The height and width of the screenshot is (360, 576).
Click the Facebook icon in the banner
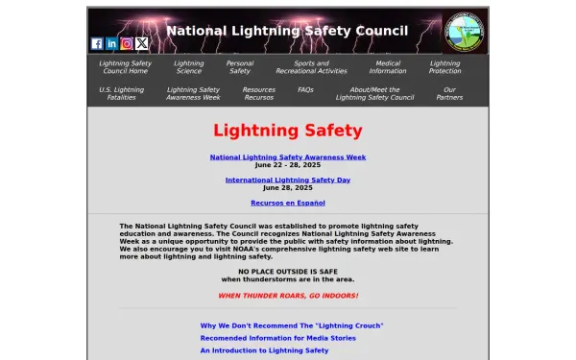(97, 43)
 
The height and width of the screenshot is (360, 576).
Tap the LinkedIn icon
(111, 43)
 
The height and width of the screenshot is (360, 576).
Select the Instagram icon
(127, 43)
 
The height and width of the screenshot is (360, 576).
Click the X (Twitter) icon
(142, 43)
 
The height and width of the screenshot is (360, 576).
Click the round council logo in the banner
(466, 32)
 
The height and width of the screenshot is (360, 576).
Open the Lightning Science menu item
(188, 67)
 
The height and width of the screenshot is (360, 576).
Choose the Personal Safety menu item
(240, 67)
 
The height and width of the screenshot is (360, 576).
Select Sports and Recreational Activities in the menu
(311, 67)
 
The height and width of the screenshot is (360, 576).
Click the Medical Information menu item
(388, 67)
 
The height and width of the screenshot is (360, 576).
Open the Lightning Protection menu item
(444, 67)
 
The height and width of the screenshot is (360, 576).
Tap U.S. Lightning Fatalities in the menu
(121, 93)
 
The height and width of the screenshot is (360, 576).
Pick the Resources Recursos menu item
(258, 93)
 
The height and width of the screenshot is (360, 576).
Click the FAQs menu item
(305, 89)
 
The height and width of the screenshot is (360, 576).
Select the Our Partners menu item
(449, 93)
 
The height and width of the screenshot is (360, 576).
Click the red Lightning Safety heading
(288, 131)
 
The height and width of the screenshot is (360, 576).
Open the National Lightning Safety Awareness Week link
(288, 156)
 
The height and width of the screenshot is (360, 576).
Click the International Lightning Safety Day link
(288, 180)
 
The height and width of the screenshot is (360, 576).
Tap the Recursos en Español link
(288, 203)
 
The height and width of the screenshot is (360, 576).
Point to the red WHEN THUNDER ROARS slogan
(288, 295)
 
